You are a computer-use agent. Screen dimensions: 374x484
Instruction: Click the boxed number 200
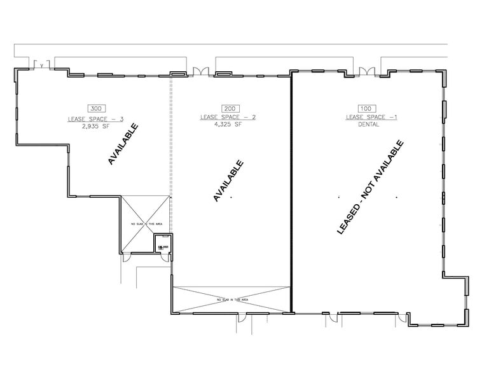(230, 109)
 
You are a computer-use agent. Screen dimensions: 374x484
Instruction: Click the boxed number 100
(365, 109)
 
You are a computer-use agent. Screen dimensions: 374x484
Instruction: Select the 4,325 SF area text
(230, 124)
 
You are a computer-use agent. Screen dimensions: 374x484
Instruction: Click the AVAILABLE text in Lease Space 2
(229, 181)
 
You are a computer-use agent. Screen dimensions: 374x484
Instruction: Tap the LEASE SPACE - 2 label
(228, 117)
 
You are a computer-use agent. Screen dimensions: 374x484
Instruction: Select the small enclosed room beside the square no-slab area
(163, 244)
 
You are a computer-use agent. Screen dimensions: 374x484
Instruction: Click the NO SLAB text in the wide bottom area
(232, 300)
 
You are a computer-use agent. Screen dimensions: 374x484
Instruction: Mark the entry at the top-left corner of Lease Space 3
(41, 64)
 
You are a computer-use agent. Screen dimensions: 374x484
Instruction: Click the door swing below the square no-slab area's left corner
(127, 256)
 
